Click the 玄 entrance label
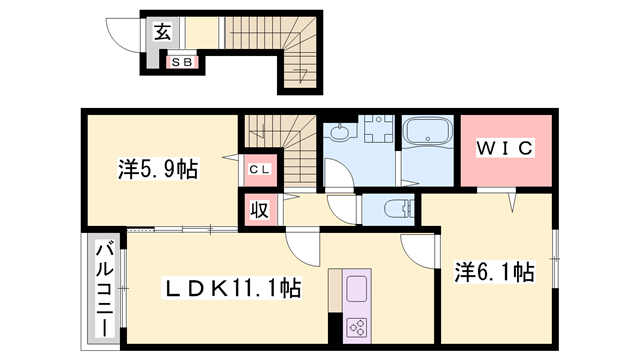[162, 31]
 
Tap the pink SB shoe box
[182, 62]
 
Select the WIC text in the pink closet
[505, 148]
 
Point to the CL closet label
[257, 169]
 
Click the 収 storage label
[257, 210]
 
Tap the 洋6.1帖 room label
[495, 272]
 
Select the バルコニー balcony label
[103, 284]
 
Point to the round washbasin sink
[339, 132]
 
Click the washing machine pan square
[377, 134]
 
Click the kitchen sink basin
[358, 291]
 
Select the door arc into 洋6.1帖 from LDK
[416, 248]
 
